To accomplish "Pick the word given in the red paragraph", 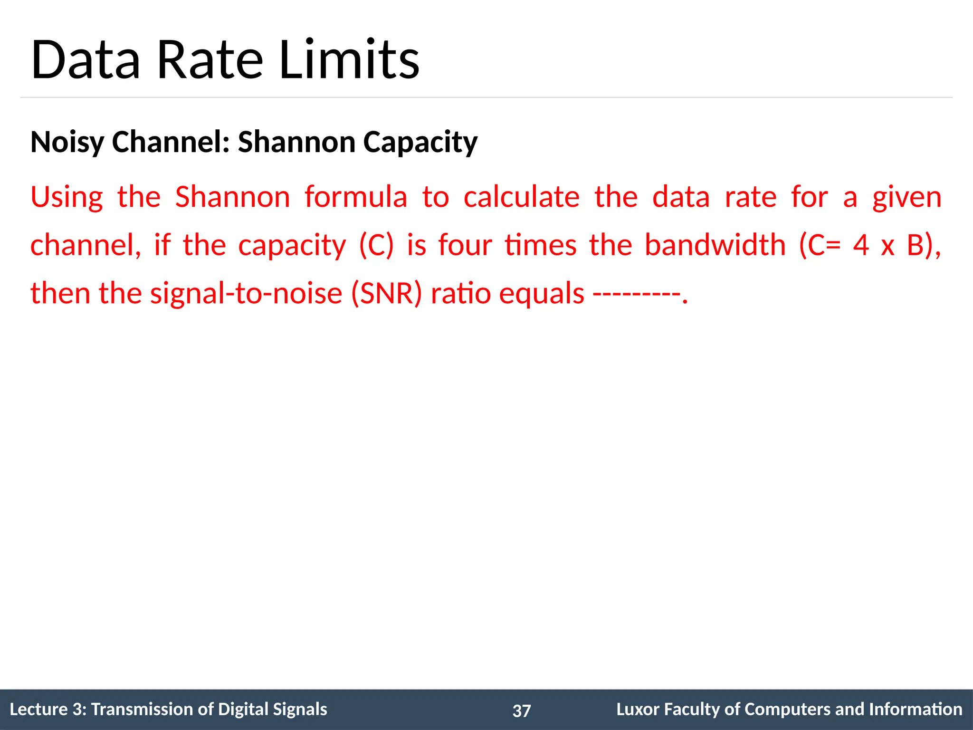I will point(906,198).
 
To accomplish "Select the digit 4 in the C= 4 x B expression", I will point(861,245).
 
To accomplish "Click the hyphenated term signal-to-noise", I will point(246,293).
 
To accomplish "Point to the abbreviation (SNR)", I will point(386,293).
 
